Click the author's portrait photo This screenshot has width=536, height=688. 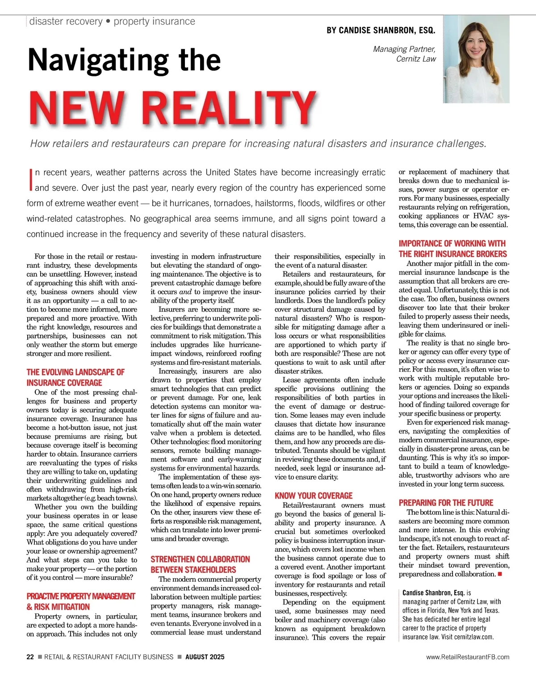(x=476, y=59)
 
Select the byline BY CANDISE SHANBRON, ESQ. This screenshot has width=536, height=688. (x=381, y=30)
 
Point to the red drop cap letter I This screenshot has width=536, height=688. (x=30, y=179)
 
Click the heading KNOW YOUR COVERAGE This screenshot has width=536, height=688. (x=314, y=496)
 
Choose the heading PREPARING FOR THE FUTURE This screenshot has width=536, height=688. (x=446, y=503)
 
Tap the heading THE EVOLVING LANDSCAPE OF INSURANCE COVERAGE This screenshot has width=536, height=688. (x=75, y=377)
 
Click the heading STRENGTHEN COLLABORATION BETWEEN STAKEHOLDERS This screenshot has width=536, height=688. (x=200, y=564)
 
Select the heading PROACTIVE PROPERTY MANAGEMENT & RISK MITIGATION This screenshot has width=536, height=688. (x=80, y=601)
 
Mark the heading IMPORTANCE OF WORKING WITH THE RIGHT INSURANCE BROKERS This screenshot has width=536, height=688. (x=452, y=249)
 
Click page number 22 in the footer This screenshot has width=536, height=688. (x=30, y=657)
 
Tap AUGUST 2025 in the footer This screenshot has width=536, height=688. (x=205, y=657)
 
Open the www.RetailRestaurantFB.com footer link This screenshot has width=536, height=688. (x=467, y=657)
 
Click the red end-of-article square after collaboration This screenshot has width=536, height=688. (x=500, y=574)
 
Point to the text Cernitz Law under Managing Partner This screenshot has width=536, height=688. (x=416, y=58)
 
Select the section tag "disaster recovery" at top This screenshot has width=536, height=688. (x=66, y=21)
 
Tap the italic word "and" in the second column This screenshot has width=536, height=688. (x=185, y=292)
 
